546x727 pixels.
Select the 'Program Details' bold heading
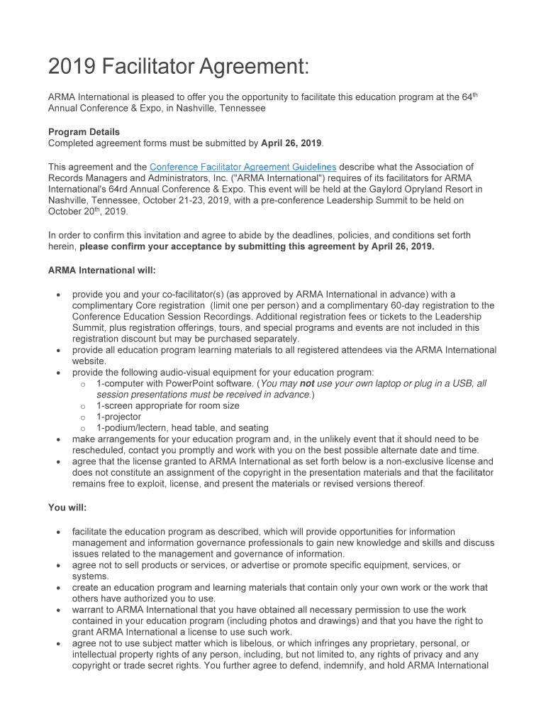84,132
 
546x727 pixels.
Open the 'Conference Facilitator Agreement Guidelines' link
243,167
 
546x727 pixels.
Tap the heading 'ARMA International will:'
102,270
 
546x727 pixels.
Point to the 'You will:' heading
67,508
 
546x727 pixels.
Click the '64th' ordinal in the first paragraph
465,97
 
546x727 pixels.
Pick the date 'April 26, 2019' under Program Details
291,143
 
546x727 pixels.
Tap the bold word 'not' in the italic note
307,383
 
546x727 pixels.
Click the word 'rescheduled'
99,450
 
